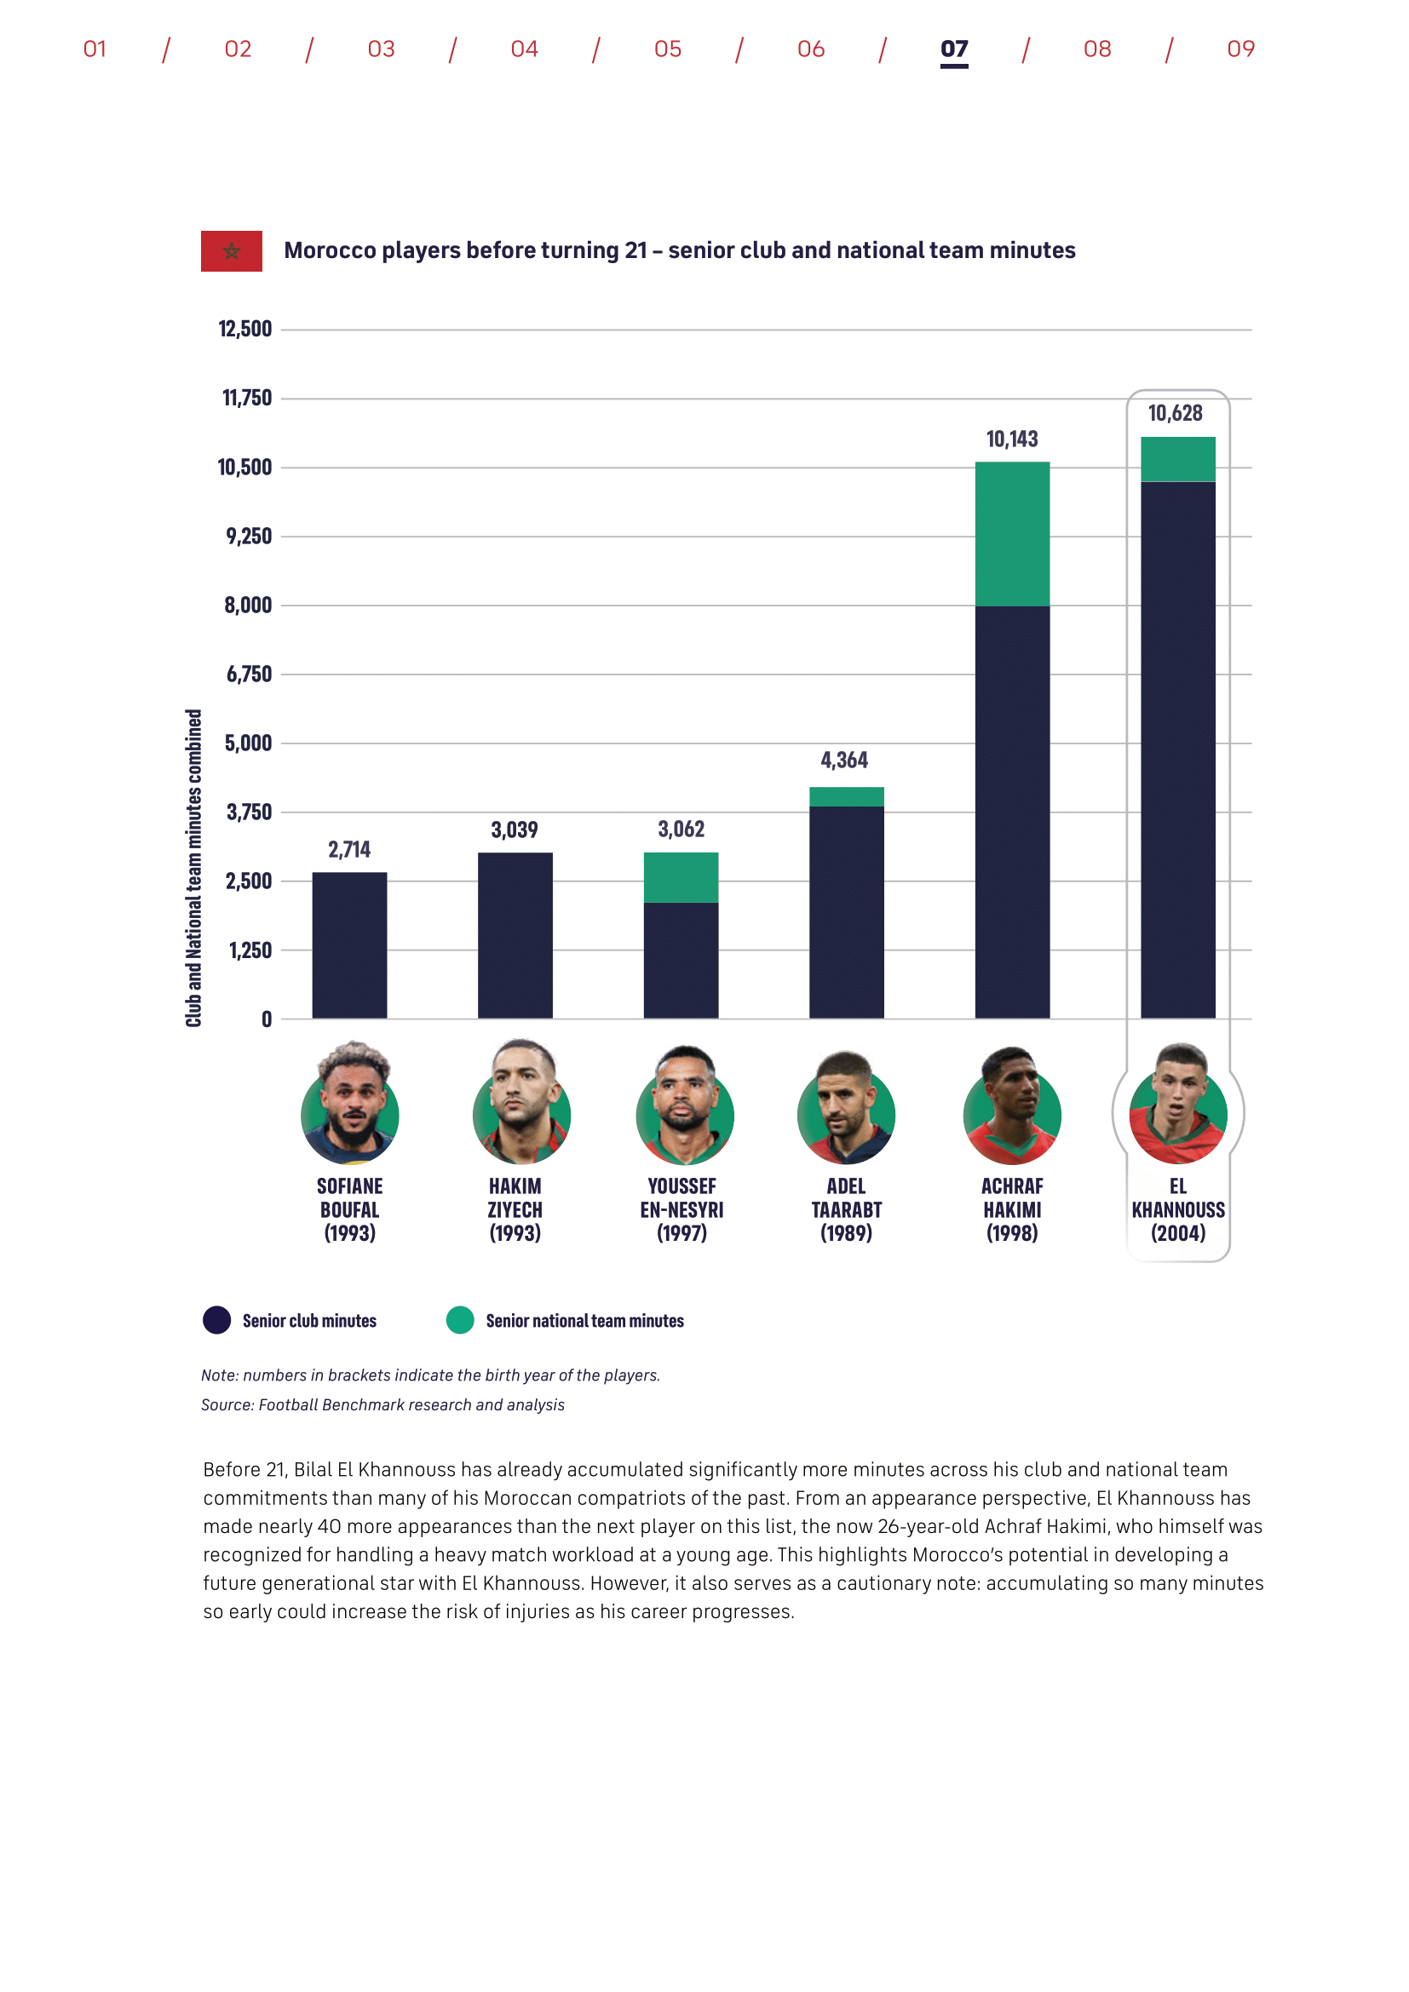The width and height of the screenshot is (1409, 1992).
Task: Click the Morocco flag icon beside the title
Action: point(231,250)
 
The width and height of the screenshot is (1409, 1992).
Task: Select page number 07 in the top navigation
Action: point(953,49)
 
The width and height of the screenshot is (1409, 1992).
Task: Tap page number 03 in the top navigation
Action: point(381,49)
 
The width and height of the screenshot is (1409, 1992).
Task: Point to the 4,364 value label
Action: point(844,760)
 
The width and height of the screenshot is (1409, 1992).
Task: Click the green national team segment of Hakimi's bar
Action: point(1012,534)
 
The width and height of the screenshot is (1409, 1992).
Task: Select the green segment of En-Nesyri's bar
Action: point(681,877)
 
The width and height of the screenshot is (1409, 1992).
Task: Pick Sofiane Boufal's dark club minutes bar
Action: point(349,944)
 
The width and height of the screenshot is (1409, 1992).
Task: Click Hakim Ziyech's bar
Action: point(515,935)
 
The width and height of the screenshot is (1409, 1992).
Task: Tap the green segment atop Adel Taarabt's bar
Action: point(846,796)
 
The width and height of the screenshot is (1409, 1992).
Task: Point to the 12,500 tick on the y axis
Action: point(244,329)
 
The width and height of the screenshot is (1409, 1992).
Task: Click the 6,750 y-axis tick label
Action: point(248,675)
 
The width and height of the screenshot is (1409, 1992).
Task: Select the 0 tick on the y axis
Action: point(267,1019)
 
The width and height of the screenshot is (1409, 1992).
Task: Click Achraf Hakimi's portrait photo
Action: point(1012,1106)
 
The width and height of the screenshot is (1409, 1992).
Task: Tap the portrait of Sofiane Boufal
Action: point(349,1105)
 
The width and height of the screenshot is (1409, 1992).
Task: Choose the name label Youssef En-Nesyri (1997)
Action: point(681,1209)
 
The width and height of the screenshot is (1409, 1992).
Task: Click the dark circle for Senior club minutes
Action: point(217,1319)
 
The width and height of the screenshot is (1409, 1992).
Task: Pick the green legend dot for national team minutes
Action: point(460,1319)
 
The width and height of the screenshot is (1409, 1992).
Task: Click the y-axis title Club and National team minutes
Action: point(193,868)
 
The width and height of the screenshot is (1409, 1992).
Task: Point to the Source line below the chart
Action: point(382,1404)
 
